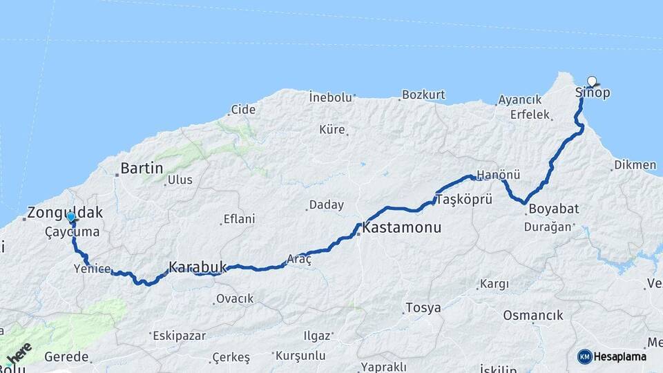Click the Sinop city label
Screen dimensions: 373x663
(593, 93)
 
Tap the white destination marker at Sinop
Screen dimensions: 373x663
(592, 81)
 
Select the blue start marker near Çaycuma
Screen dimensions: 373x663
(70, 217)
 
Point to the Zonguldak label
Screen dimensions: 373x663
(65, 213)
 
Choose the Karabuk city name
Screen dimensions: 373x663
(198, 266)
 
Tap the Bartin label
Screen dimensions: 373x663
(142, 168)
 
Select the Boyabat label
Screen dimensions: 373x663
(552, 208)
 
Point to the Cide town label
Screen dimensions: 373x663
(243, 109)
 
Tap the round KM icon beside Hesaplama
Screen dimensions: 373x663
(585, 357)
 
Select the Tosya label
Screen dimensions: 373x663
(423, 307)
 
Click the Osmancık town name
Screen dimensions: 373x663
(533, 315)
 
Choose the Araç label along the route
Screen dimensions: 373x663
(300, 258)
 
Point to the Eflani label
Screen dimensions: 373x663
(239, 220)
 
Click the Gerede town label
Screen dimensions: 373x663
(66, 356)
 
